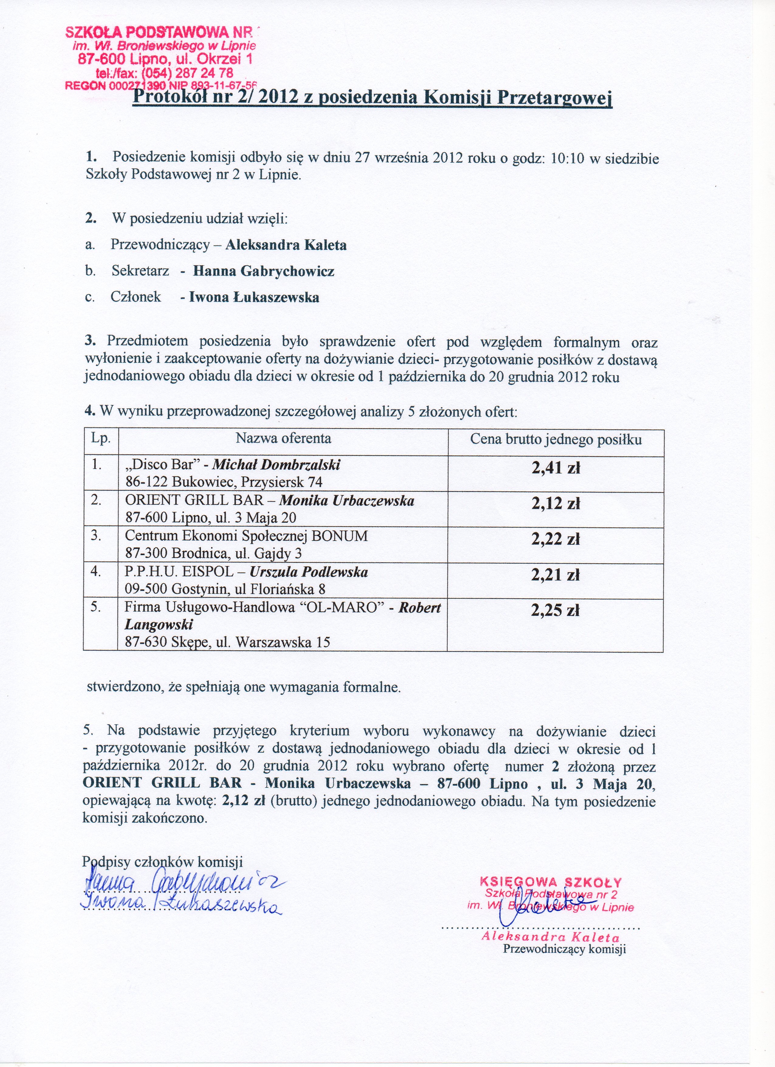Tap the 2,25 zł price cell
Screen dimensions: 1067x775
556,610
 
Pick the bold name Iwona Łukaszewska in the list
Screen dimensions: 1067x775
254,297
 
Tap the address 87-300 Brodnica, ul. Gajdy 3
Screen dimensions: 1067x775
213,553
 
